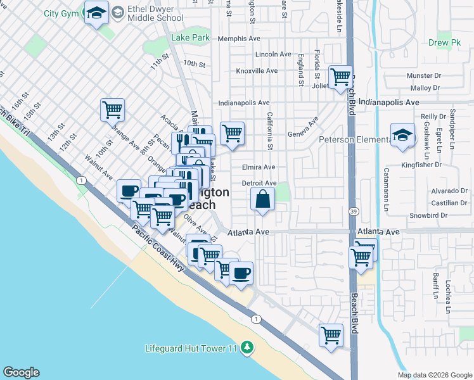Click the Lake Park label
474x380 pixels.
pyautogui.click(x=190, y=38)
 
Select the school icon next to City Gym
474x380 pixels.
pyautogui.click(x=96, y=13)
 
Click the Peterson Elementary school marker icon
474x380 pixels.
pyautogui.click(x=402, y=135)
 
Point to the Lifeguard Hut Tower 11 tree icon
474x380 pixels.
pyautogui.click(x=248, y=348)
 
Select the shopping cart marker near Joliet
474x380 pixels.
pyautogui.click(x=341, y=77)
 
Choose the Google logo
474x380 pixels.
pyautogui.click(x=21, y=372)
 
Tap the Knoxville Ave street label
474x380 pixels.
pyautogui.click(x=257, y=71)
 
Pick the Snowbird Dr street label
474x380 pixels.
pyautogui.click(x=428, y=215)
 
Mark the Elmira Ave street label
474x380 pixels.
pyautogui.click(x=259, y=167)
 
